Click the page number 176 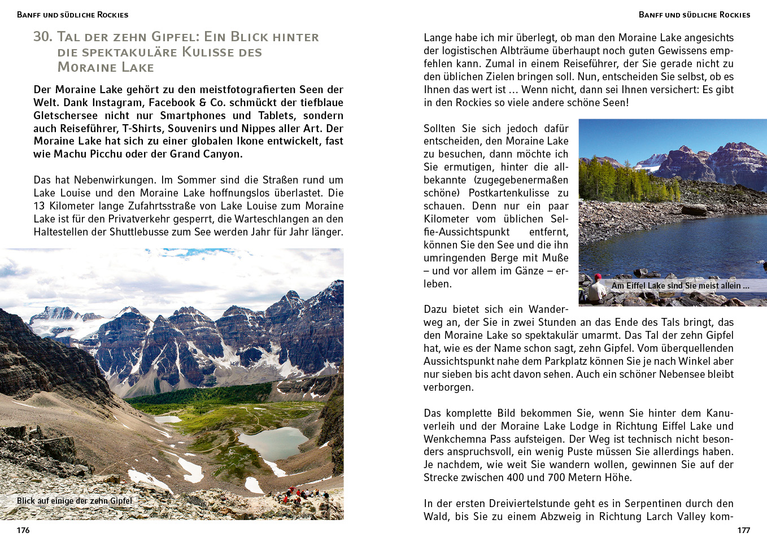[x=23, y=530]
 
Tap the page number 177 [x=743, y=530]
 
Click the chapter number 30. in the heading [x=43, y=37]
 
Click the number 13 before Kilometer [x=40, y=206]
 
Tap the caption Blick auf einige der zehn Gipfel [x=75, y=501]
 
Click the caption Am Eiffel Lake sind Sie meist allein [x=680, y=286]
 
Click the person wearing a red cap [x=596, y=288]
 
